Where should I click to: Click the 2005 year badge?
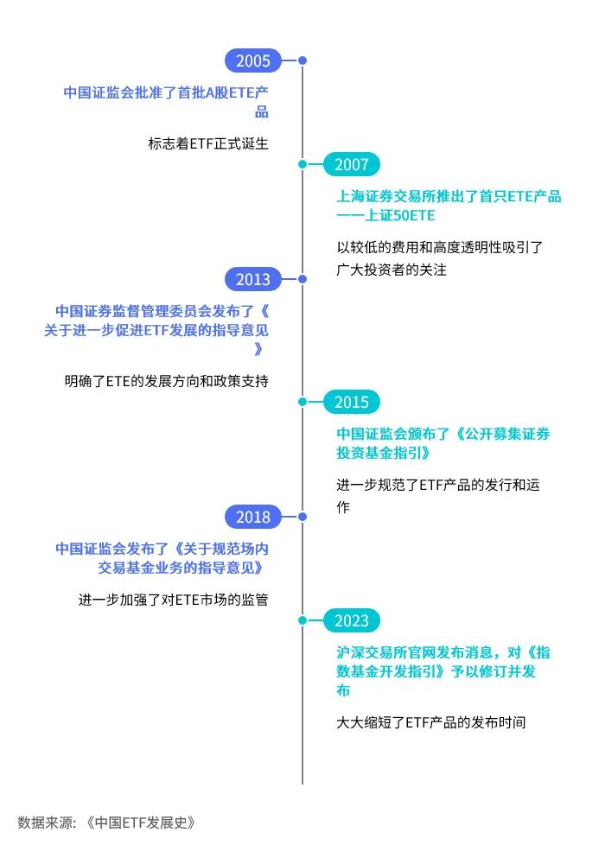click(x=253, y=60)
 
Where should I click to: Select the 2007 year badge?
click(x=352, y=164)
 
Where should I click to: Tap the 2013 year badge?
click(x=253, y=279)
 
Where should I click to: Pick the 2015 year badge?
click(x=352, y=402)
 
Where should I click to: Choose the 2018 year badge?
click(x=253, y=517)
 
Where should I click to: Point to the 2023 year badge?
click(x=352, y=620)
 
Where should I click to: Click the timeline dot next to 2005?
click(x=302, y=60)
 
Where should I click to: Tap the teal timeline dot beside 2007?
click(x=302, y=164)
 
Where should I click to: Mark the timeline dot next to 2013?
click(x=302, y=279)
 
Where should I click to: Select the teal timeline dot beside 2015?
click(x=302, y=402)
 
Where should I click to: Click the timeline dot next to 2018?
click(x=302, y=517)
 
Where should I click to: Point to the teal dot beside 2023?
click(x=302, y=620)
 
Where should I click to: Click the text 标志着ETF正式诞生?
click(x=208, y=143)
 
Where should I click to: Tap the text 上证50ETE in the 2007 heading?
click(x=400, y=215)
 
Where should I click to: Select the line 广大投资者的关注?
click(x=392, y=270)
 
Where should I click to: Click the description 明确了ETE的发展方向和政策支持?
click(x=167, y=381)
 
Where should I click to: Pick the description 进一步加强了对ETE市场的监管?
click(x=173, y=600)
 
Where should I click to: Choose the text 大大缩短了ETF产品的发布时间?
click(x=430, y=722)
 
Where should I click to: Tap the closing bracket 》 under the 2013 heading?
click(x=258, y=349)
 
